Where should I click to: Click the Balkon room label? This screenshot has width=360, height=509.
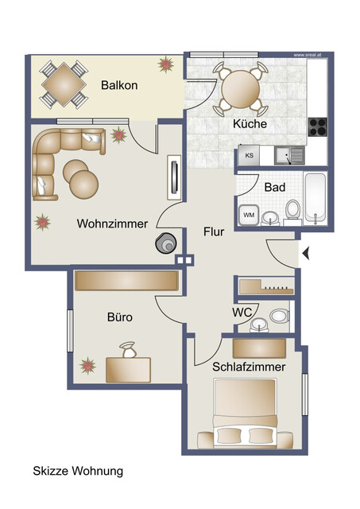point(119,84)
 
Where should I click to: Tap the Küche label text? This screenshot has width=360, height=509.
point(250,124)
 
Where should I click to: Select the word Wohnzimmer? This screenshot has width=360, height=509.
point(112,224)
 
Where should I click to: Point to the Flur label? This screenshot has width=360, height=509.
point(214,232)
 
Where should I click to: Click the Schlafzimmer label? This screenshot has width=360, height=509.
point(249,367)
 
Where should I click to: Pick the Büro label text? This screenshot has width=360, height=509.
point(119,317)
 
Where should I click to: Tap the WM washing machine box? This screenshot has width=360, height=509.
point(248,215)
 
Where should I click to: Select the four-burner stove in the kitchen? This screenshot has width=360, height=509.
point(318,127)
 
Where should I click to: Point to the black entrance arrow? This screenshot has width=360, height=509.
point(305,254)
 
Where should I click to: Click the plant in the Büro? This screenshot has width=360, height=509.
point(87,366)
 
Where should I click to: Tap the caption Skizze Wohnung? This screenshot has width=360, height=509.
point(78,471)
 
